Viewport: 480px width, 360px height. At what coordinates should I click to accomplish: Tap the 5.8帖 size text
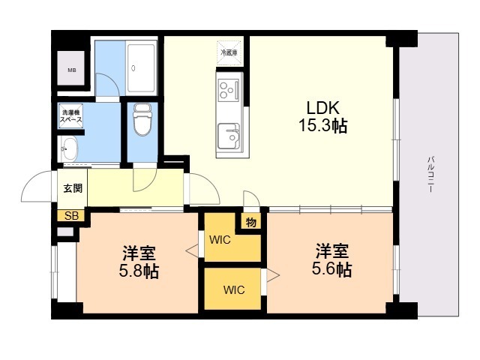click(x=139, y=271)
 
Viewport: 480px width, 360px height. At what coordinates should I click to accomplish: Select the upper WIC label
click(x=220, y=241)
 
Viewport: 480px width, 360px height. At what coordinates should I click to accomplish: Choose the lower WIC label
click(x=233, y=289)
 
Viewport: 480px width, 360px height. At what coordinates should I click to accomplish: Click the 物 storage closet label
click(x=250, y=222)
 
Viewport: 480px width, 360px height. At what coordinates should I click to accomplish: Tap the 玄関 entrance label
click(x=73, y=188)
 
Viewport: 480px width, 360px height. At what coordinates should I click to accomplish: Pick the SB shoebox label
click(x=72, y=216)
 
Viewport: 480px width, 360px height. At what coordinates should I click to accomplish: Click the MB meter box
click(x=72, y=71)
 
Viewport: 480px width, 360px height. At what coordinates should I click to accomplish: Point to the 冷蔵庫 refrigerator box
click(x=228, y=52)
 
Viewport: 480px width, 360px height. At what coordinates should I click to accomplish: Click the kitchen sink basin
click(x=228, y=137)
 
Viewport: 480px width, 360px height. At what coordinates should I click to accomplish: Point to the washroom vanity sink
click(x=69, y=146)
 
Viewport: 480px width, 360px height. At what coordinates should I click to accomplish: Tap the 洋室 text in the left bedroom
click(x=139, y=252)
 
